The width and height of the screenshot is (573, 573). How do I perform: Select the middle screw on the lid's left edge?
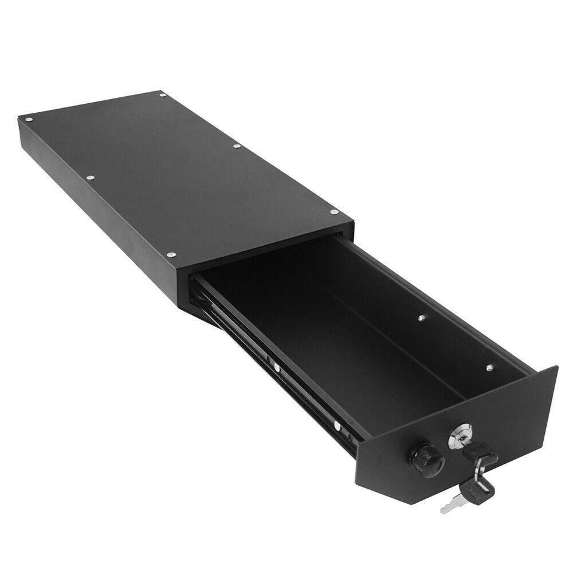tap(90, 177)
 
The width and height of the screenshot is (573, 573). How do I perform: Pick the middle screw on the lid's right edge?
tap(236, 146)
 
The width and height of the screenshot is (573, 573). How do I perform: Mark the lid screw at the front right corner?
tap(334, 211)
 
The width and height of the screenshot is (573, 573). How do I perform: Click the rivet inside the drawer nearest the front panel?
tap(489, 367)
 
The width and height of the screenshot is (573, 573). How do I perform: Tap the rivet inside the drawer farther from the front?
tap(421, 318)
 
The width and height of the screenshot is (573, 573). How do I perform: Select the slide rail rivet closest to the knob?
tap(337, 426)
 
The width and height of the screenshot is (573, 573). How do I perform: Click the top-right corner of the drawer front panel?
tap(556, 367)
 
